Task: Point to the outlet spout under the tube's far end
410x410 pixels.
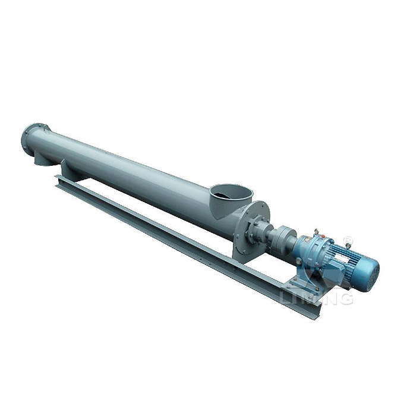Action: (x=42, y=157)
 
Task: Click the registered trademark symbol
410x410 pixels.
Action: (x=348, y=241)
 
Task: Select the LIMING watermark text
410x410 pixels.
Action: (x=315, y=295)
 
